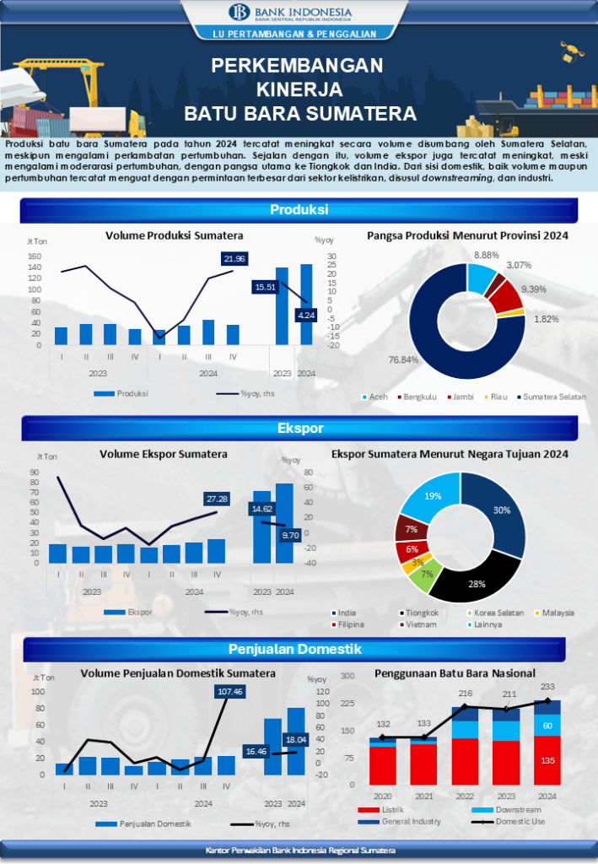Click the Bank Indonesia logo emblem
(x=237, y=13)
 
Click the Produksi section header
(x=299, y=210)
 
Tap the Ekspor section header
(x=299, y=429)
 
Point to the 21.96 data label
(x=235, y=258)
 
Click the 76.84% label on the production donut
(x=380, y=360)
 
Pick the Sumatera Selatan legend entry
(x=553, y=397)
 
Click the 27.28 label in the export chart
(x=217, y=499)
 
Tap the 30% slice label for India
(x=502, y=510)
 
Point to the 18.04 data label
(x=296, y=739)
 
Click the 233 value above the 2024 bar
(x=547, y=687)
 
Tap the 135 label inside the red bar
(x=547, y=761)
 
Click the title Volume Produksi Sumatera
(x=174, y=235)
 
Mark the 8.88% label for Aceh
(x=487, y=254)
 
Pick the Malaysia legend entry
(x=558, y=613)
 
